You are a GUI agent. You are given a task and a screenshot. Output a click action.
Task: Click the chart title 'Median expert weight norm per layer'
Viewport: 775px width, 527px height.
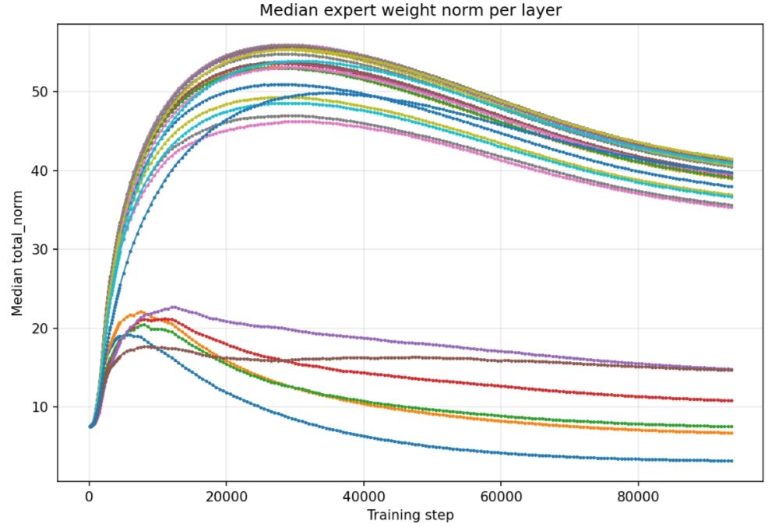click(x=410, y=10)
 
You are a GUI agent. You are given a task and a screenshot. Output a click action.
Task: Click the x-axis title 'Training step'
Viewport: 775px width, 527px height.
click(x=410, y=515)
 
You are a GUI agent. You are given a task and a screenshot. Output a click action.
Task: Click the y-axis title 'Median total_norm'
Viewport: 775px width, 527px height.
click(x=17, y=253)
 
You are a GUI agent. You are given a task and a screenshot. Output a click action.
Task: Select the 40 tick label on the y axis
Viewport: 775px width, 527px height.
click(x=41, y=171)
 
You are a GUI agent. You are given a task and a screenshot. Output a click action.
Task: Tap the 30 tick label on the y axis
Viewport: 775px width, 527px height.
click(x=41, y=249)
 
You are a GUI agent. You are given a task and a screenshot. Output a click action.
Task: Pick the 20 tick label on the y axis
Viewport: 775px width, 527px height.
click(x=41, y=328)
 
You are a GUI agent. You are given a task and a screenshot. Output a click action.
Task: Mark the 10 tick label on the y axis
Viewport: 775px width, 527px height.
click(x=41, y=407)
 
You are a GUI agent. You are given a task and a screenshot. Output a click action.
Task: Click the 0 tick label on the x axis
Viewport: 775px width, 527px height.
click(x=90, y=496)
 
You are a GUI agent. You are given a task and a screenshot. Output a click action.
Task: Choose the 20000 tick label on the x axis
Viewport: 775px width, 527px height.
click(x=227, y=496)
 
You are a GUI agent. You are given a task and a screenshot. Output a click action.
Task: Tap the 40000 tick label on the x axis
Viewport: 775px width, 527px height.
click(x=364, y=496)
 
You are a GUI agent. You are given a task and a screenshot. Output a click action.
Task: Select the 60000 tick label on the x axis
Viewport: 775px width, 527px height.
click(x=501, y=496)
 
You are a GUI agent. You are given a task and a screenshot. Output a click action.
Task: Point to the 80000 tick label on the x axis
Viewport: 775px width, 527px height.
click(x=638, y=496)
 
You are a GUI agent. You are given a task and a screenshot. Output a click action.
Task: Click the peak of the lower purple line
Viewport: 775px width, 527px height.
click(x=173, y=307)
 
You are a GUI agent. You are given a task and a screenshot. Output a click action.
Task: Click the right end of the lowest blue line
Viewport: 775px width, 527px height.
click(x=731, y=461)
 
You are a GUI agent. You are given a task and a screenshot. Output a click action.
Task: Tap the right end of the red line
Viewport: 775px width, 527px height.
click(x=731, y=401)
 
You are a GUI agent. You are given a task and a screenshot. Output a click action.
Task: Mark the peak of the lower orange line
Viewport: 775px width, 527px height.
click(x=141, y=311)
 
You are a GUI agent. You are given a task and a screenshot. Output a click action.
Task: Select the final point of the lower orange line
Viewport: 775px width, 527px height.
click(x=731, y=433)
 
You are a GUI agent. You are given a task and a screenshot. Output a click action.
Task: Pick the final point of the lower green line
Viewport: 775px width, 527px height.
click(x=731, y=427)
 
